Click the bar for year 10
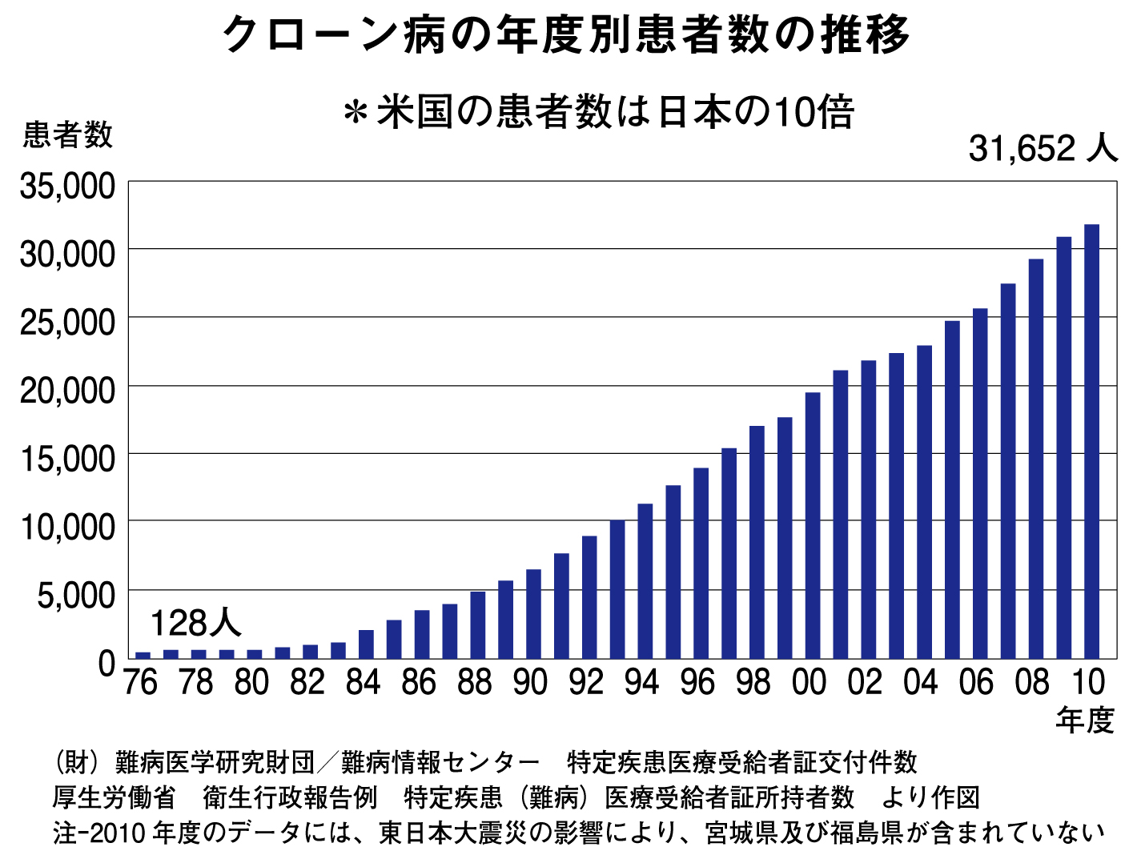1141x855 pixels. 1091,441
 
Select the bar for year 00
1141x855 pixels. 813,525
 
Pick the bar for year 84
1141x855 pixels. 366,644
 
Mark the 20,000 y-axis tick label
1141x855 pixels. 68,391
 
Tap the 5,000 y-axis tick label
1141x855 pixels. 76,596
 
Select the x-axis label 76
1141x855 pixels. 141,683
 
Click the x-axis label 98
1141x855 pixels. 753,683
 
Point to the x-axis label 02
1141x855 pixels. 865,683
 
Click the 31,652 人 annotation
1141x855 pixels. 1042,148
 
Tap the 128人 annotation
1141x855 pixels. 195,623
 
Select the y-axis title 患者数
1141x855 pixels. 67,134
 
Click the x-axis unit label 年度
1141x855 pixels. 1085,721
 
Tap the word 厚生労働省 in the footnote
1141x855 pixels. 114,797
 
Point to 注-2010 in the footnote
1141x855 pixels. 99,833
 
